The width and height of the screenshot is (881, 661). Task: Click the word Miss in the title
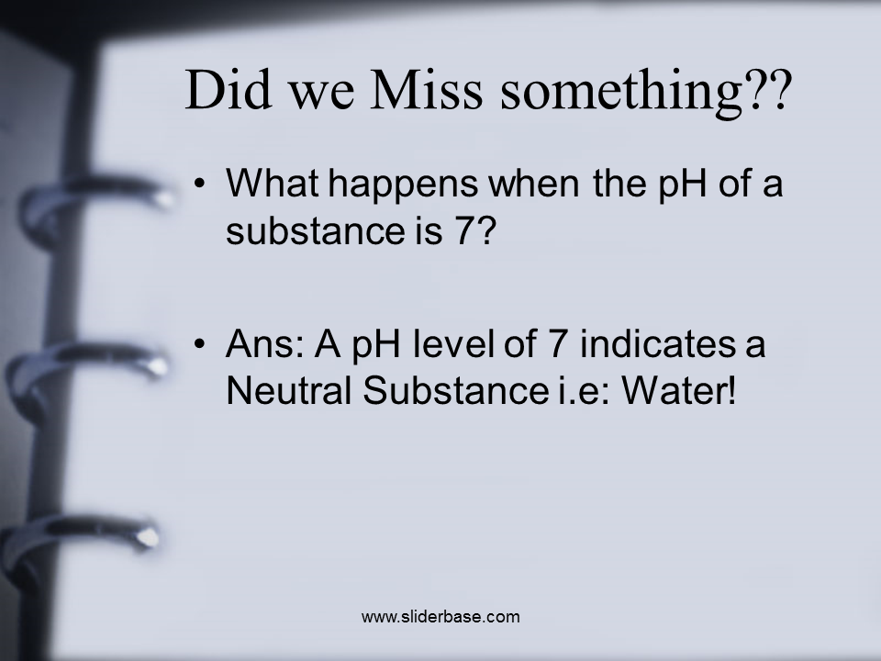[426, 90]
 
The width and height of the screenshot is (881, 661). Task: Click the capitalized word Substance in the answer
[455, 390]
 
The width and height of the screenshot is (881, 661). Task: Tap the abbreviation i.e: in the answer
[583, 390]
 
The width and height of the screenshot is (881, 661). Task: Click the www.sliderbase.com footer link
[440, 617]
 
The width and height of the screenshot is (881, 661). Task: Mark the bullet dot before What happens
[199, 184]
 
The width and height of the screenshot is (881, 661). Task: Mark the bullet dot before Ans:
[199, 343]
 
